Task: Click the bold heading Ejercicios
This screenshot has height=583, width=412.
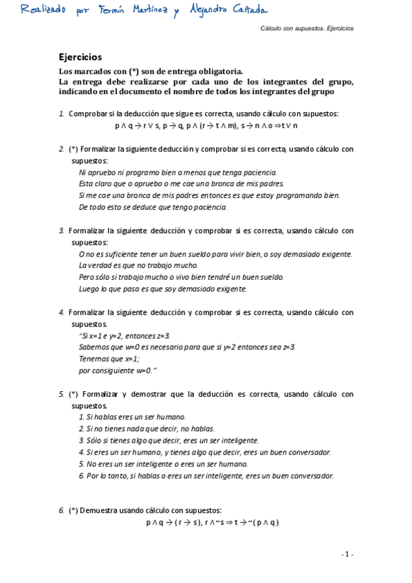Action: [x=80, y=58]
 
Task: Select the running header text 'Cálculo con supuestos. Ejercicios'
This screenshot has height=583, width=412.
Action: [x=307, y=29]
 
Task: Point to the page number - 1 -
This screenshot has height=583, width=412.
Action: [x=347, y=554]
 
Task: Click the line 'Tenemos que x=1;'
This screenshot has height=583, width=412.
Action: [x=109, y=359]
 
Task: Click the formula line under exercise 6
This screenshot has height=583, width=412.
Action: [x=211, y=522]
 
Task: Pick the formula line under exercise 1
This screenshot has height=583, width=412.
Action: [x=206, y=126]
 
